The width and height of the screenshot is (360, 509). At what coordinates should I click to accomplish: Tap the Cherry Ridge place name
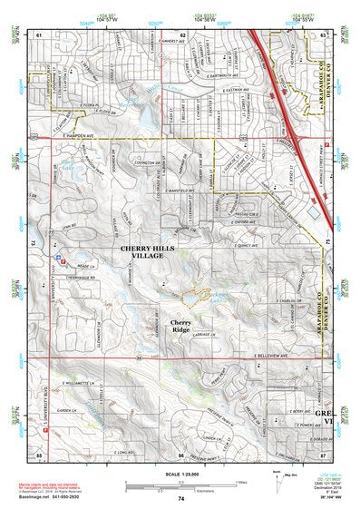180,327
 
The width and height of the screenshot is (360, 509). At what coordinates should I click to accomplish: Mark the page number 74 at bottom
181,500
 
